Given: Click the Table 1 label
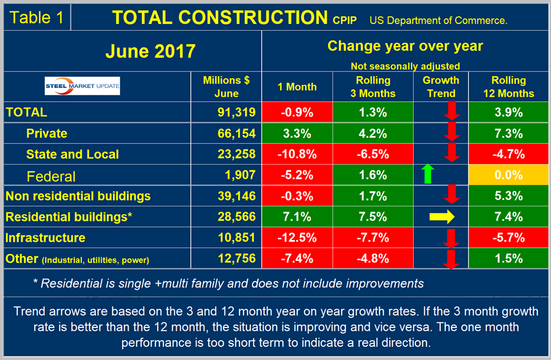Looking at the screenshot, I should [x=37, y=17].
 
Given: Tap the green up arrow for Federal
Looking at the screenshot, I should [x=425, y=174].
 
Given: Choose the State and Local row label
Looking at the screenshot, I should [x=73, y=154].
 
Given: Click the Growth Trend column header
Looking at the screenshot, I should [x=441, y=87].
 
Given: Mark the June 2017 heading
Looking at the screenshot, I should [x=150, y=52].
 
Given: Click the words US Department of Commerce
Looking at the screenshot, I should [x=438, y=21].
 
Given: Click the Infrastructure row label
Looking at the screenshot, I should [x=45, y=238].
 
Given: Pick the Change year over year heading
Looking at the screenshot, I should [x=405, y=46].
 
